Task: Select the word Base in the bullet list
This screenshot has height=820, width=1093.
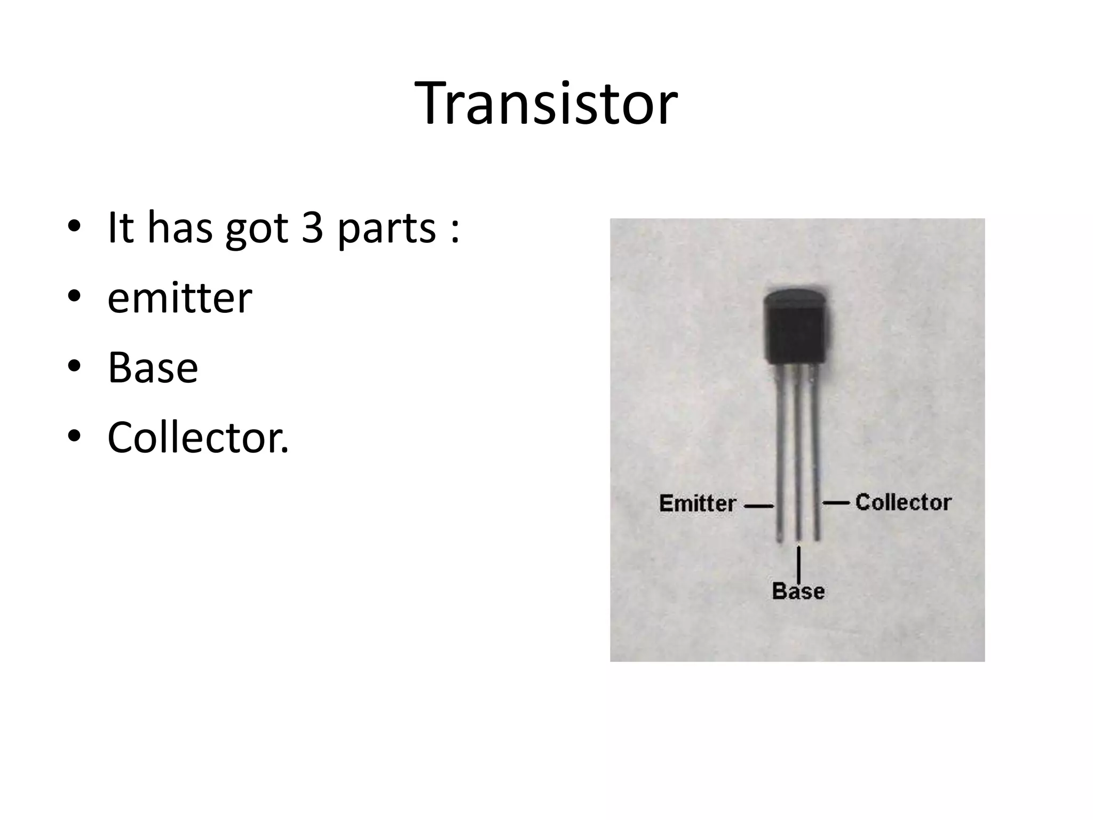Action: (153, 368)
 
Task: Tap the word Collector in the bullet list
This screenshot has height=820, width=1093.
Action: (197, 437)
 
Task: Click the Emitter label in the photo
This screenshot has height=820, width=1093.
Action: (698, 503)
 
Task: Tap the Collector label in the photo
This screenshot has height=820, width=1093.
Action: (903, 502)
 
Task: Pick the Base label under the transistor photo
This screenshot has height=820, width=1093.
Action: (798, 592)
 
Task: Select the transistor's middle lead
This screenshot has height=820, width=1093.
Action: (798, 454)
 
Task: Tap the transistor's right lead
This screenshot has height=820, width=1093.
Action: (815, 454)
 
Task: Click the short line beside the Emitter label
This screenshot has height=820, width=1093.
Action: (758, 506)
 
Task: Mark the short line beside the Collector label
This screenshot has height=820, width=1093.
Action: (836, 502)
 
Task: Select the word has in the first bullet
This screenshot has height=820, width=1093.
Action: (180, 228)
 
